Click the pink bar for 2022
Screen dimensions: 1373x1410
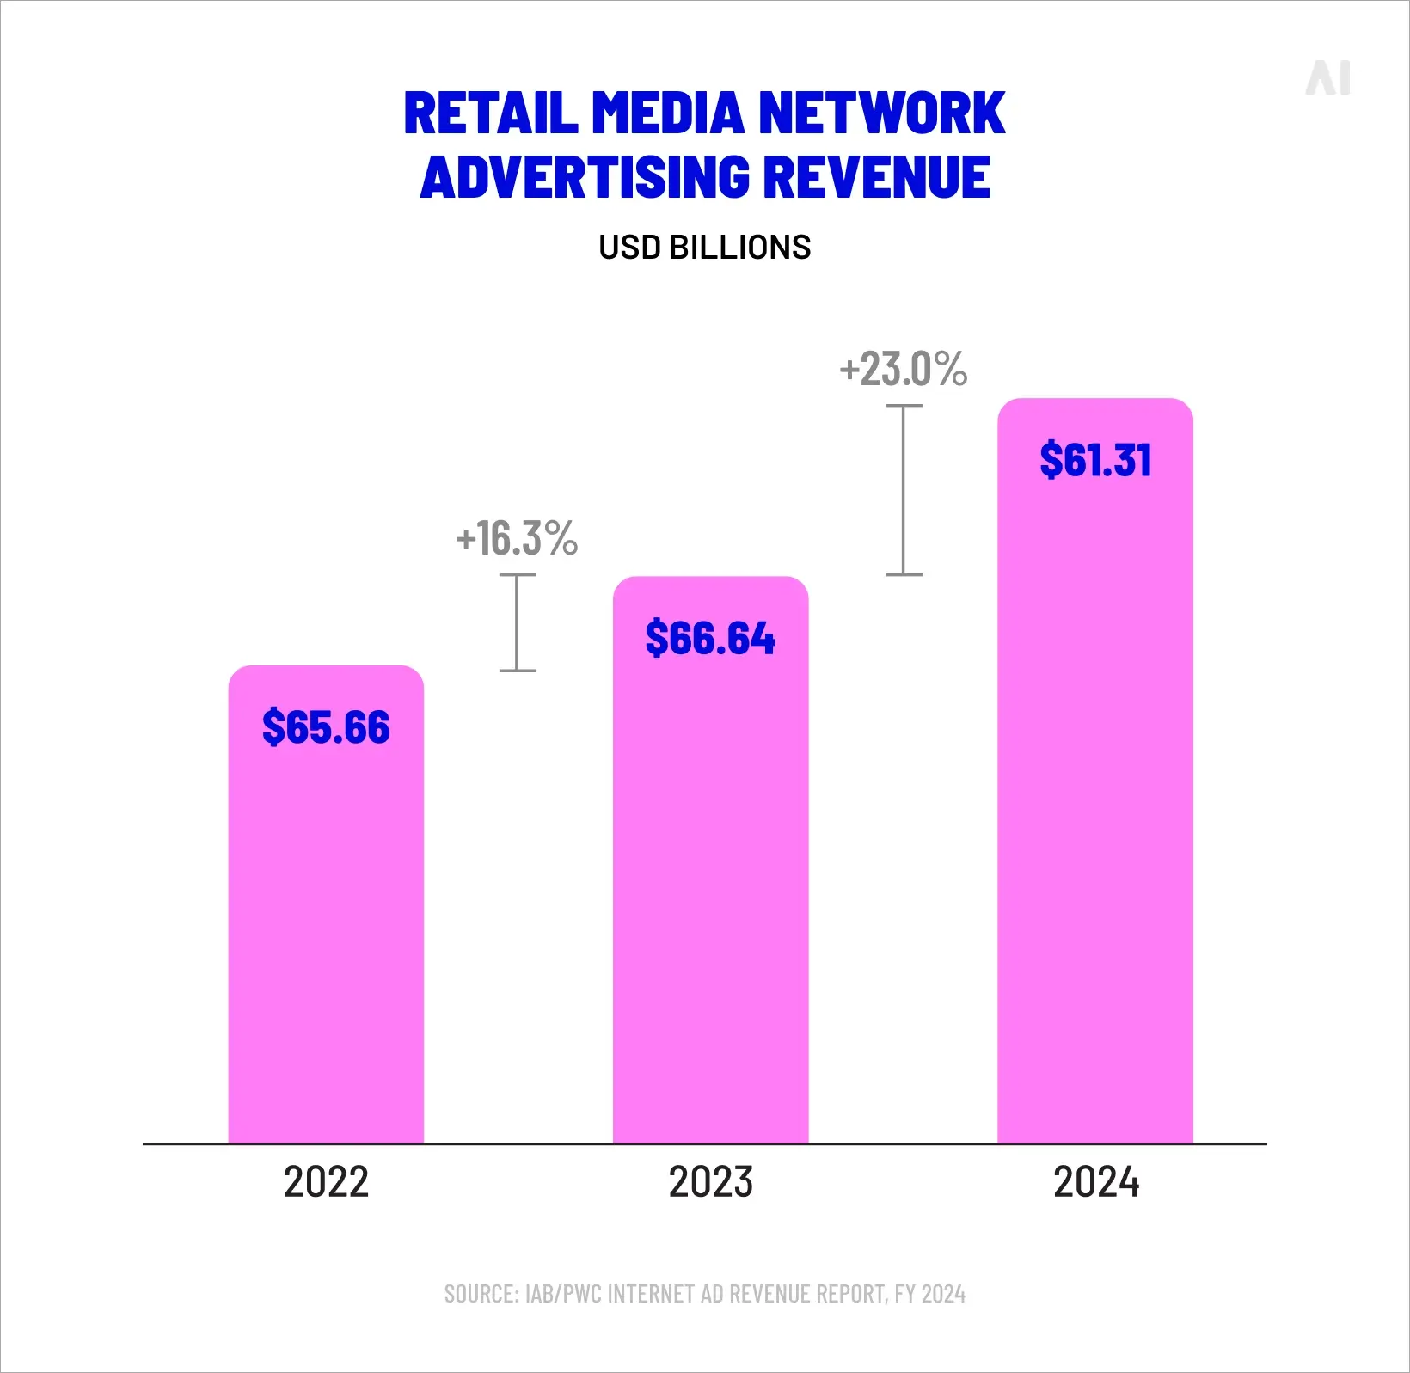tap(326, 929)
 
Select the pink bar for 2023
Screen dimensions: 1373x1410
tap(710, 886)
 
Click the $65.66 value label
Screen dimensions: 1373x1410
tap(326, 727)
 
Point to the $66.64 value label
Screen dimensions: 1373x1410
tap(710, 638)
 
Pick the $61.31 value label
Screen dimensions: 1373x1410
tap(1094, 460)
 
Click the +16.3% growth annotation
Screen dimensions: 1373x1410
tap(517, 539)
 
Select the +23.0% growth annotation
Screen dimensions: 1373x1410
tap(903, 370)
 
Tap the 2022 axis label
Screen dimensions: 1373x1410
tap(326, 1182)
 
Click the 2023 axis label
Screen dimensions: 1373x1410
tap(710, 1182)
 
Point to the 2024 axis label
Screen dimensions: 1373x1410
tap(1095, 1182)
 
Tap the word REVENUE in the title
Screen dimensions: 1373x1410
tap(876, 178)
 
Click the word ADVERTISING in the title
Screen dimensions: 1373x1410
tap(585, 178)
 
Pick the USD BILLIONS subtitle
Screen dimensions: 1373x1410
tap(704, 248)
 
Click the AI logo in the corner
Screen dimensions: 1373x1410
tap(1328, 78)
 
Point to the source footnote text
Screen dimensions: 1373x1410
tap(704, 1294)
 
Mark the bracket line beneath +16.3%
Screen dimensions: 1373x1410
tap(518, 622)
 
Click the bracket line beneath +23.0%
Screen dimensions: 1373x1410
tap(904, 490)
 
